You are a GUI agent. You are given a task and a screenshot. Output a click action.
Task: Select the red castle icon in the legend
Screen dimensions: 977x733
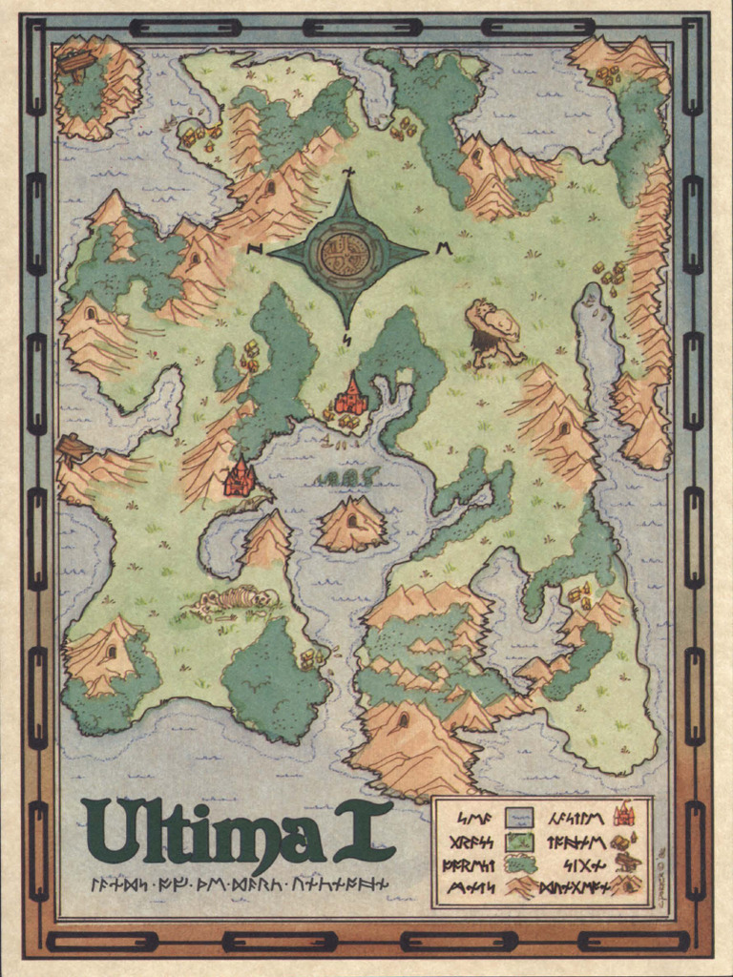625,814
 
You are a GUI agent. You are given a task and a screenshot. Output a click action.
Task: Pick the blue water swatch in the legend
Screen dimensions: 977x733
518,817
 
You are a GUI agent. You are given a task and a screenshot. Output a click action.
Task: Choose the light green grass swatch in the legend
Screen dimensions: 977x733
518,842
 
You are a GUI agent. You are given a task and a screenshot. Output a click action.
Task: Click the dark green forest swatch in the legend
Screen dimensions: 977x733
518,864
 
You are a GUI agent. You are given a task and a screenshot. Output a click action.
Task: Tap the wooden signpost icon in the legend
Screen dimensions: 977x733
626,863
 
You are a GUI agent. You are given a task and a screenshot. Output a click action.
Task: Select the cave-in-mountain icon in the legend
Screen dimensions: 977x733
626,885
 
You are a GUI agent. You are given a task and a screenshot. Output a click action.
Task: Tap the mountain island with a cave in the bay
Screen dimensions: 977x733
351,525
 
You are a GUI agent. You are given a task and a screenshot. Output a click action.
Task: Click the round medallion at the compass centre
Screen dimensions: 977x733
346,254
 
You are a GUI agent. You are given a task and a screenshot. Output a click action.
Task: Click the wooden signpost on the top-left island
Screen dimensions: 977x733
76,63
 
